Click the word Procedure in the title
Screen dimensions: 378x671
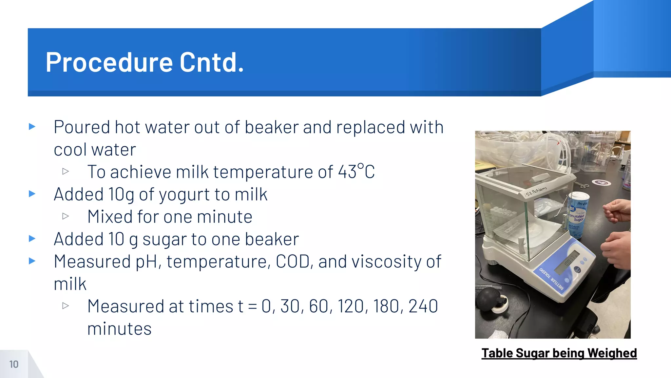point(109,62)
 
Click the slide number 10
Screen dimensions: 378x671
point(14,364)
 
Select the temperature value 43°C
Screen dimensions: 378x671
point(356,172)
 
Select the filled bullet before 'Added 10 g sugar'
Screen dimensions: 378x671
point(32,239)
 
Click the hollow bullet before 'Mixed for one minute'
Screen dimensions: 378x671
point(66,216)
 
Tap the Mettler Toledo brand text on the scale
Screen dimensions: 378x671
point(552,279)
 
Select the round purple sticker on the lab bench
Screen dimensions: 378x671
point(601,182)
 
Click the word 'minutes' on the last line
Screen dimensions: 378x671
point(119,329)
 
